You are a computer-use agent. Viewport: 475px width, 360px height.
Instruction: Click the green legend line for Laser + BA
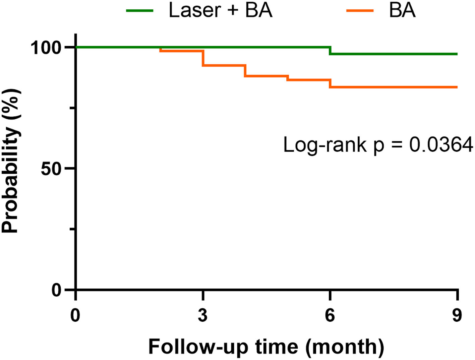[139, 11]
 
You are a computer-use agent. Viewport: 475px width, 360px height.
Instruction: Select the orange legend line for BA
[360, 11]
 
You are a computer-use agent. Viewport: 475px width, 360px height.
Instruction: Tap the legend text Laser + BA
[220, 10]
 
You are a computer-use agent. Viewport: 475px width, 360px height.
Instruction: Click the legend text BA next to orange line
[402, 10]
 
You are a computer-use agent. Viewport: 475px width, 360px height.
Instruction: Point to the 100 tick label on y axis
[46, 48]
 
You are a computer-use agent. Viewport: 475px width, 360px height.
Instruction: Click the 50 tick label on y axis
[51, 169]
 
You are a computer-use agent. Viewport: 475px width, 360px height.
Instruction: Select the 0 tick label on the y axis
[57, 290]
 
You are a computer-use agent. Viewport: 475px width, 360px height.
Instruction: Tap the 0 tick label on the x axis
[75, 315]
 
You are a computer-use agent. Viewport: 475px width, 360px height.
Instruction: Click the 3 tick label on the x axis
[202, 315]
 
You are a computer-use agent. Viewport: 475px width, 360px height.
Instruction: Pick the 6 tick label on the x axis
[330, 315]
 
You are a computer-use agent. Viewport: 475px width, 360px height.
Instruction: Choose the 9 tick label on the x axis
[457, 315]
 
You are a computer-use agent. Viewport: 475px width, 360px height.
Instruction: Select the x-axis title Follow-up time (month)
[266, 347]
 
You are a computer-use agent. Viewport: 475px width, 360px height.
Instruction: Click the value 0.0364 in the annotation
[441, 145]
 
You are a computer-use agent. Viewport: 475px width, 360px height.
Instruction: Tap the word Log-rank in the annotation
[324, 145]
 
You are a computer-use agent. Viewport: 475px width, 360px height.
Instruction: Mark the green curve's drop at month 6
[330, 51]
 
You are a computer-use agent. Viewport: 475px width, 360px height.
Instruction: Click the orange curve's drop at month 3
[203, 58]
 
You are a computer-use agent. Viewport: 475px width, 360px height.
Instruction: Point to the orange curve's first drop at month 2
[161, 49]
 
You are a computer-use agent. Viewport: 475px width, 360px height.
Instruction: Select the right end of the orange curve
[457, 87]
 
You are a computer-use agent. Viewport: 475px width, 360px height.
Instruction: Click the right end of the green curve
[457, 54]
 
